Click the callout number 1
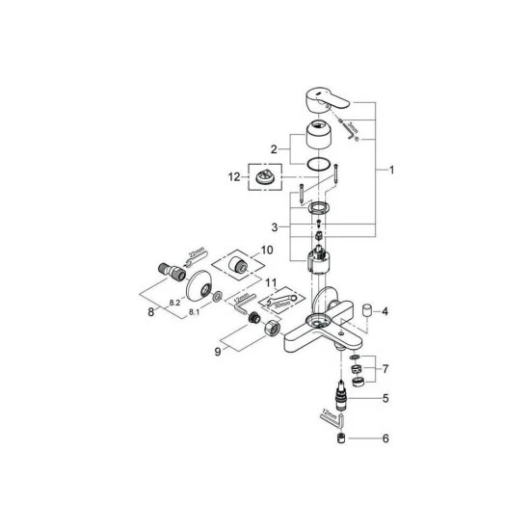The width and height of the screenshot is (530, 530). tap(392, 171)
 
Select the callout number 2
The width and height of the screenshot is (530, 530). tap(273, 149)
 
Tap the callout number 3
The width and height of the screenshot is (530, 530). tap(274, 227)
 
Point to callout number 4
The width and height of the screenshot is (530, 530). tap(384, 311)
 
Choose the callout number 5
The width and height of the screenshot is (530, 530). tap(384, 397)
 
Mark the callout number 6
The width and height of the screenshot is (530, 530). tap(384, 439)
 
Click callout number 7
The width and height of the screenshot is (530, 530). tap(384, 369)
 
